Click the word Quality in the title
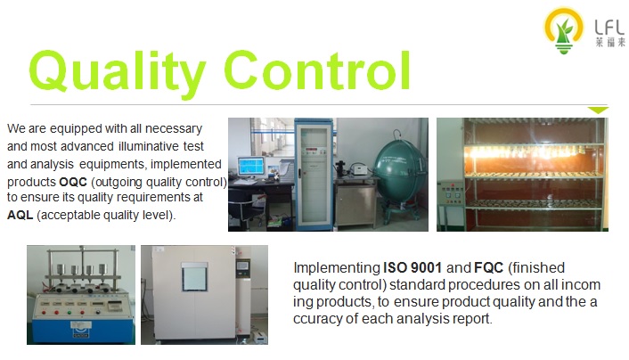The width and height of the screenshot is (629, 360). [118, 72]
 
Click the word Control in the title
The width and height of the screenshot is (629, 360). [317, 70]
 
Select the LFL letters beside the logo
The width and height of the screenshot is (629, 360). [609, 28]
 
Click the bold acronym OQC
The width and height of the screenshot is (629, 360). [73, 182]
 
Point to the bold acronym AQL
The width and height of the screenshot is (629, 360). [20, 215]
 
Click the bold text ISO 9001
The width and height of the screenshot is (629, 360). [413, 267]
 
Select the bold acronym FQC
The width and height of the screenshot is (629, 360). [488, 267]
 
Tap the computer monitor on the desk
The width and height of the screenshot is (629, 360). [251, 166]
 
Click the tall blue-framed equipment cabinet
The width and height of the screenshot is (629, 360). [314, 174]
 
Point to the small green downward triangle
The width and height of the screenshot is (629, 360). [598, 110]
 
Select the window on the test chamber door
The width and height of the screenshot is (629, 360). [194, 277]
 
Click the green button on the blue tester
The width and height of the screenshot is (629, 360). [69, 312]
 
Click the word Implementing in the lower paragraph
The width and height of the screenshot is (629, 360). [337, 268]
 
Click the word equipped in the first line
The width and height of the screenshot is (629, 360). [76, 129]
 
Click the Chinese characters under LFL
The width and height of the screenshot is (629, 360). [610, 42]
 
